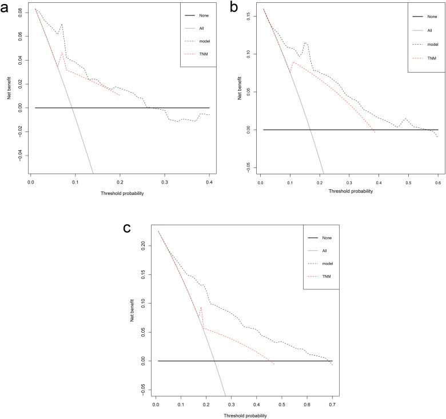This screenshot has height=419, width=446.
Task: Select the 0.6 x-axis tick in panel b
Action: tap(437, 181)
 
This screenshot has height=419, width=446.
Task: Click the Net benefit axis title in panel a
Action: tap(9, 86)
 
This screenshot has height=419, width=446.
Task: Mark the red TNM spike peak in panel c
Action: tap(201, 308)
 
